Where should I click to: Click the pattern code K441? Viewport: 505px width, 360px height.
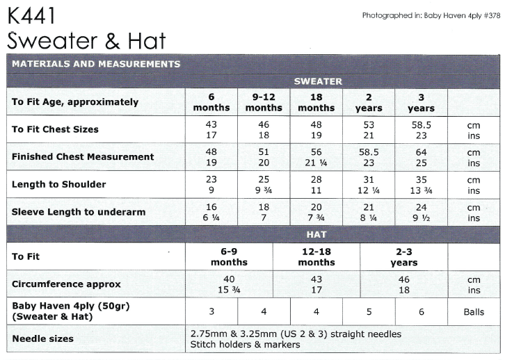pos(31,15)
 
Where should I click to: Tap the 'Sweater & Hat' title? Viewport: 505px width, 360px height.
pos(87,40)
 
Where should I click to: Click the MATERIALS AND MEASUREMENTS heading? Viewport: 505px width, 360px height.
pos(96,64)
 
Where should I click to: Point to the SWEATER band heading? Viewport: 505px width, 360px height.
pos(317,81)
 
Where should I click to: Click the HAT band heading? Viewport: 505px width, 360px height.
pos(316,235)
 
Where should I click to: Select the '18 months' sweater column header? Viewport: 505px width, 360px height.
pos(316,102)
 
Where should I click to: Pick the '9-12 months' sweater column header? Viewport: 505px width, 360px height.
pos(264,102)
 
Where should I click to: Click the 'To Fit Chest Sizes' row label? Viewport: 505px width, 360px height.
pos(55,129)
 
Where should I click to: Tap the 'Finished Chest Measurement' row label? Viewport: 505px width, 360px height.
pos(83,157)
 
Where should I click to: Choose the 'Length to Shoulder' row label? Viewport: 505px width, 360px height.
pos(59,185)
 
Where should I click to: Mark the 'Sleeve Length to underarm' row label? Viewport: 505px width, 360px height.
pos(77,212)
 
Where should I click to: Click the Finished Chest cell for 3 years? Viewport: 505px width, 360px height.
pos(421,157)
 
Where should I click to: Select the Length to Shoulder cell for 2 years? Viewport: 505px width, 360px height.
pos(369,185)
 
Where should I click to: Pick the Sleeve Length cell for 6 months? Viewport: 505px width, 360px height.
pos(211,212)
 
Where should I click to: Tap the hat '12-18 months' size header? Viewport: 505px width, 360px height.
pos(316,256)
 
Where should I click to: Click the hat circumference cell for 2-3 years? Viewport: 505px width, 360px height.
pos(403,284)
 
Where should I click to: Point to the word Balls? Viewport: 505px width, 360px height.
pos(474,312)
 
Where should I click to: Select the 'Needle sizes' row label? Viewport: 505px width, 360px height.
pos(42,339)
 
